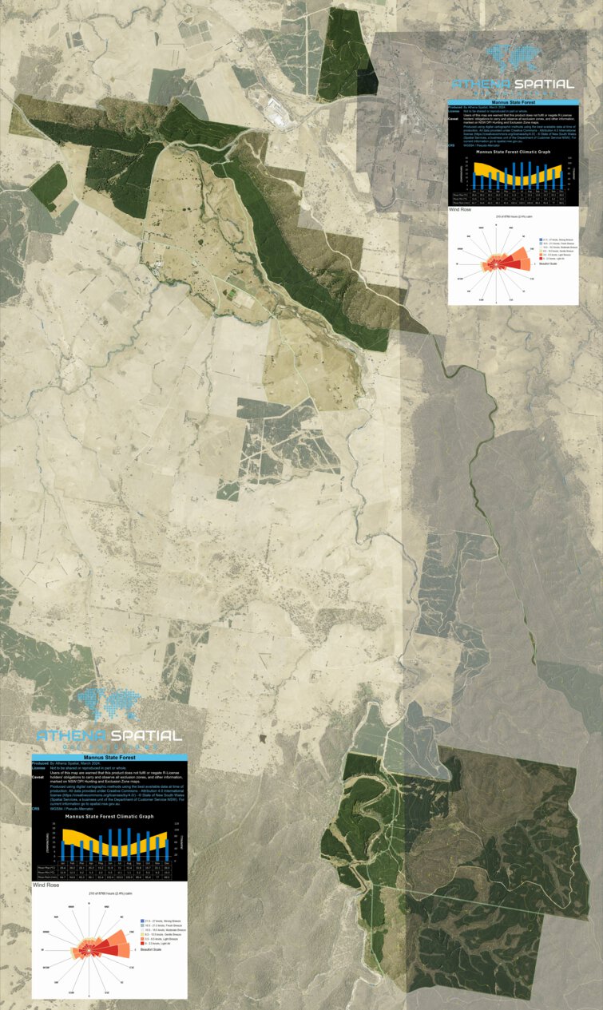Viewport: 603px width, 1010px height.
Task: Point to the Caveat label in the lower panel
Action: (38, 776)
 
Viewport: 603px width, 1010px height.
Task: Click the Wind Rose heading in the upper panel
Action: (460, 209)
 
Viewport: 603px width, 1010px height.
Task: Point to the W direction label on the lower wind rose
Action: (42, 952)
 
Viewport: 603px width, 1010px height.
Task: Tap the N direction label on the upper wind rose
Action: (496, 220)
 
